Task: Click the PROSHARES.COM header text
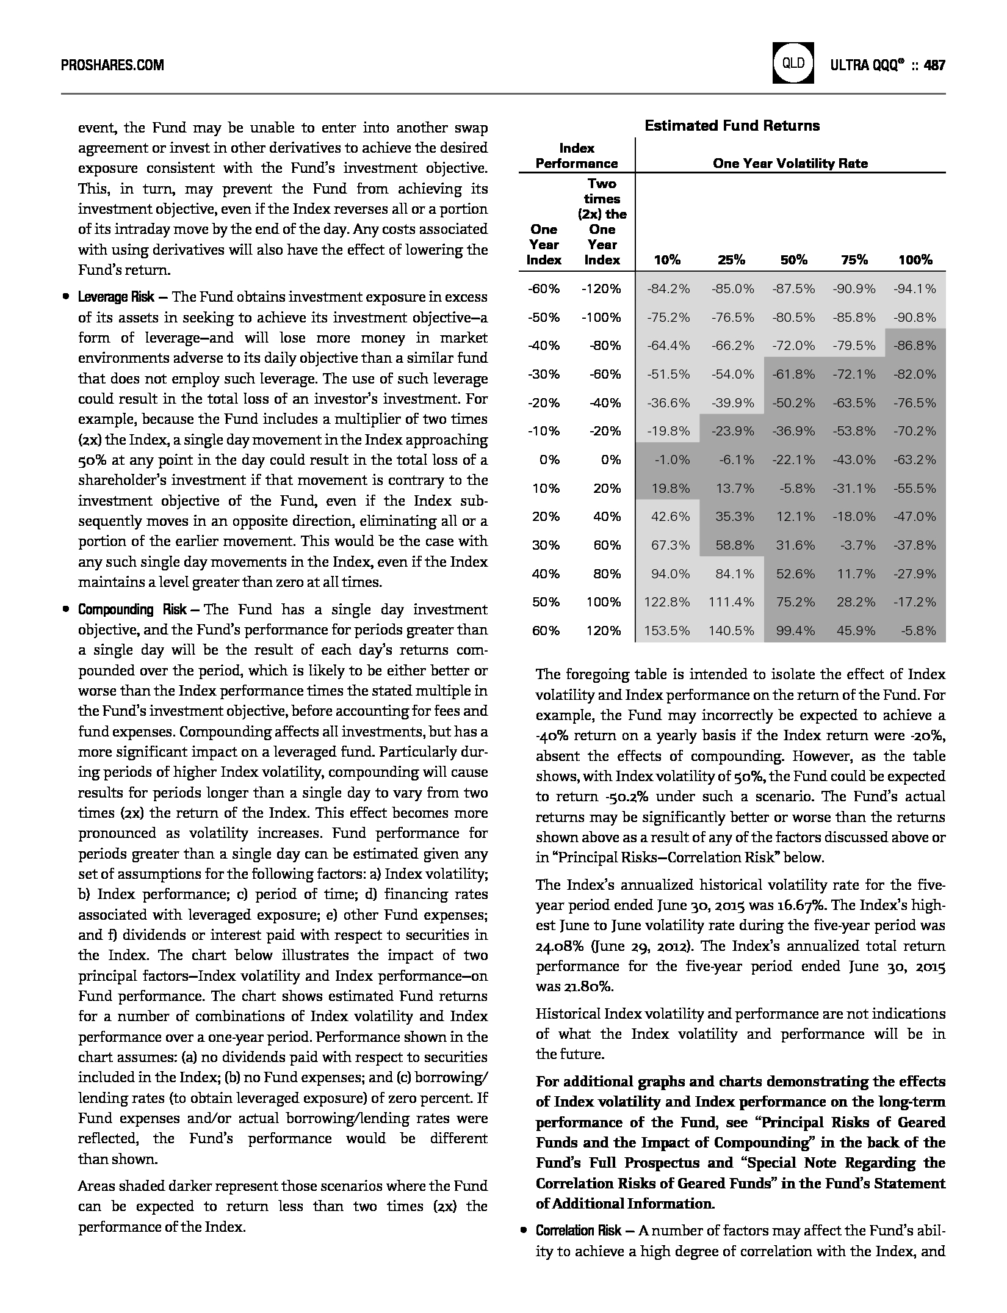click(x=112, y=65)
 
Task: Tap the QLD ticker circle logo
click(x=793, y=63)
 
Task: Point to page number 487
click(x=934, y=65)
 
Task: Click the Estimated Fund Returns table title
click(x=732, y=126)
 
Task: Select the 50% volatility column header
click(x=793, y=260)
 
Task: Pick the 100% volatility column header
click(x=915, y=260)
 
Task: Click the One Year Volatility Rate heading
click(x=790, y=164)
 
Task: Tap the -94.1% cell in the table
click(x=914, y=289)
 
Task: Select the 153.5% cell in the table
click(x=667, y=631)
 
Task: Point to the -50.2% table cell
click(x=793, y=403)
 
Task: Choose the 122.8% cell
click(x=667, y=602)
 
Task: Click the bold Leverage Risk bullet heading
click(x=116, y=297)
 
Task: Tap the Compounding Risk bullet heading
click(x=132, y=610)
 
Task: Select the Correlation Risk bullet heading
click(x=579, y=1231)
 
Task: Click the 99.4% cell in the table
click(x=795, y=631)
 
